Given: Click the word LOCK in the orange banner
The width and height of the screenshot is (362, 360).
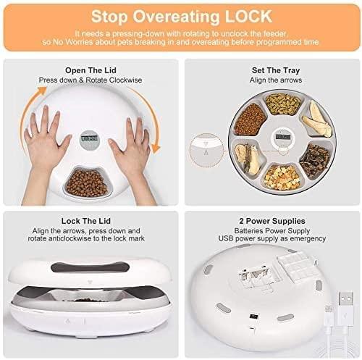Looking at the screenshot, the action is [248, 17].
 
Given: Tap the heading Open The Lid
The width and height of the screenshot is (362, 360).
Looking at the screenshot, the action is [90, 70].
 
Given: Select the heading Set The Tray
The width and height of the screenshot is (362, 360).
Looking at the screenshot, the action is [276, 70].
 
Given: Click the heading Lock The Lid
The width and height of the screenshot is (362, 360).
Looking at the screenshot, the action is [86, 221].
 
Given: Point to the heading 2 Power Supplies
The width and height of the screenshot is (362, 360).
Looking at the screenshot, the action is [272, 221].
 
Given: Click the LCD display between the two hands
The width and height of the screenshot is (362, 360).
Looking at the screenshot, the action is [89, 138].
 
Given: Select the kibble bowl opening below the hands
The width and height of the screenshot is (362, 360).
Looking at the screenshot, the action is [87, 183].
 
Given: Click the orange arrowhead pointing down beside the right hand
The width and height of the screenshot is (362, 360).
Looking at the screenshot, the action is [156, 148].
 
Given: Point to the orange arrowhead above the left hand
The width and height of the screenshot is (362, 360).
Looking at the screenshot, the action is [42, 91].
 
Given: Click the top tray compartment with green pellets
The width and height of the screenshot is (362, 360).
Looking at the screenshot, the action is [283, 104].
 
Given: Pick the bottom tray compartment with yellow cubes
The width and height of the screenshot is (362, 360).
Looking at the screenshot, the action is [282, 177].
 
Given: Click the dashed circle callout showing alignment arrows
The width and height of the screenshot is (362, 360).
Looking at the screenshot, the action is [206, 150].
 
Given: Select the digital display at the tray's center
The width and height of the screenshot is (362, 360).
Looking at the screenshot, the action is [283, 137].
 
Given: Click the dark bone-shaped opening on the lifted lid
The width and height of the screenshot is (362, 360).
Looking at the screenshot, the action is [90, 267].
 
